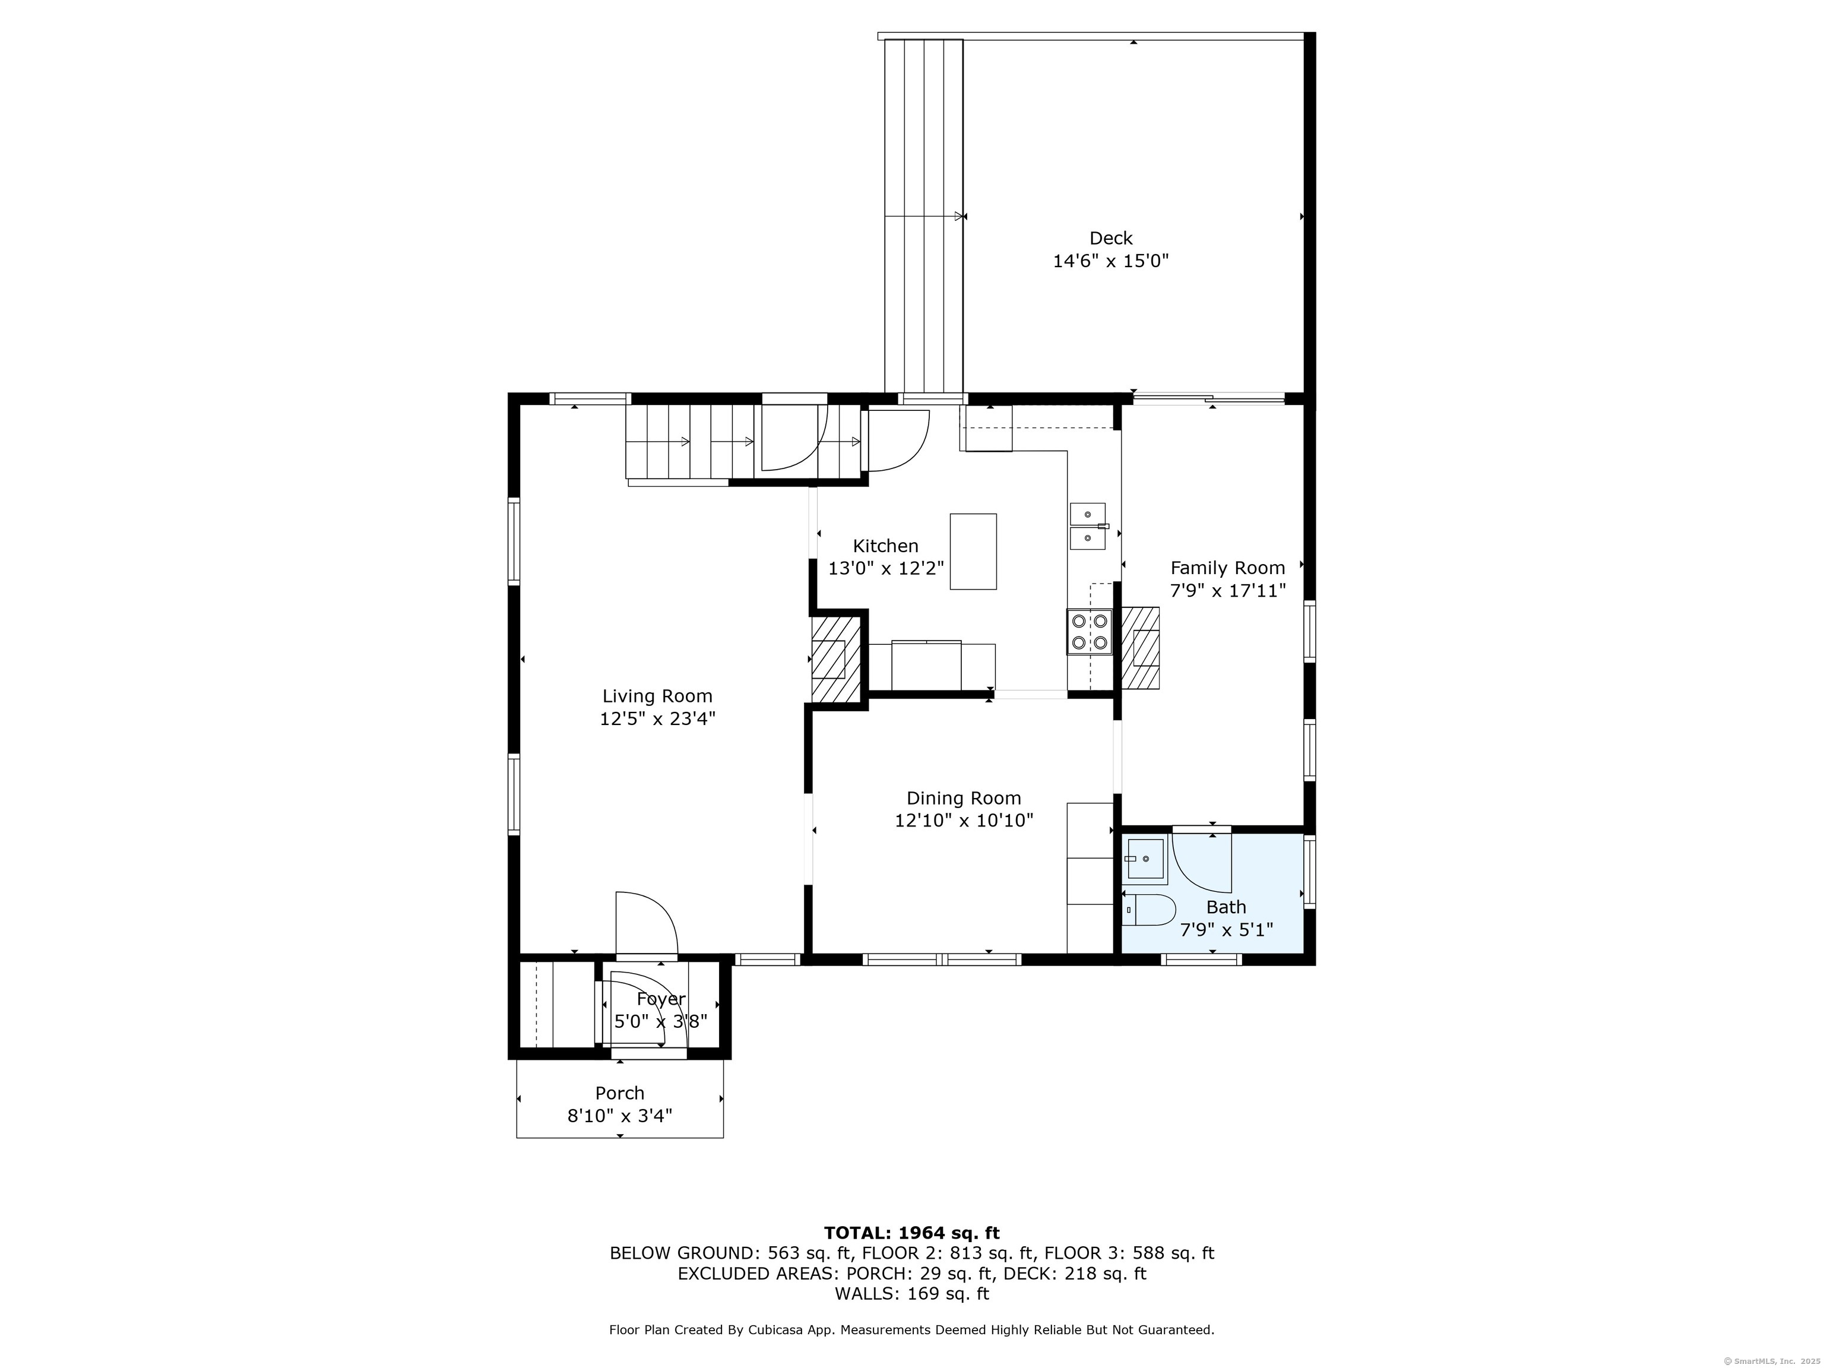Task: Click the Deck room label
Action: pos(1111,238)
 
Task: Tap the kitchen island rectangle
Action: pos(973,551)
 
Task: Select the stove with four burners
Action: pos(1090,632)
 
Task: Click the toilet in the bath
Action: pos(1149,910)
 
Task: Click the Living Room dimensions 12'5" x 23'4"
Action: pos(657,718)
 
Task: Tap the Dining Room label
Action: pos(964,797)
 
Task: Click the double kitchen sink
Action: pos(1088,526)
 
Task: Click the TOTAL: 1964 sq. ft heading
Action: pos(912,1233)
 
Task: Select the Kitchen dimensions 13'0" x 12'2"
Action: pos(886,568)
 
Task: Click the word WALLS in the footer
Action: pos(867,1294)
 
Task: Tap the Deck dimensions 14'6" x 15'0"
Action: pos(1111,261)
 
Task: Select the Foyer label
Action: pos(660,999)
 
